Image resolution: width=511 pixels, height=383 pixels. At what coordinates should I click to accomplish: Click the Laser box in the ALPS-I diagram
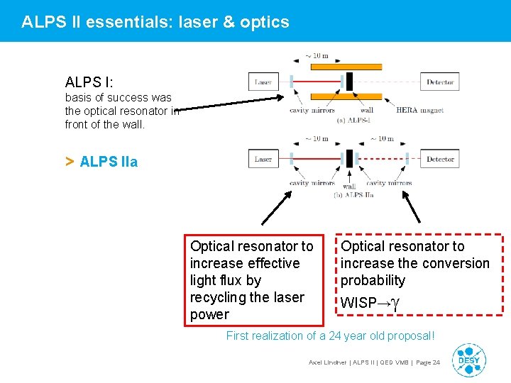click(x=263, y=82)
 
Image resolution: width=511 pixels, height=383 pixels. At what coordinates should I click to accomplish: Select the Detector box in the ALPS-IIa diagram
click(x=439, y=159)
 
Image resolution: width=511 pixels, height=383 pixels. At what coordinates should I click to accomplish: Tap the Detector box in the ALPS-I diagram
click(x=439, y=82)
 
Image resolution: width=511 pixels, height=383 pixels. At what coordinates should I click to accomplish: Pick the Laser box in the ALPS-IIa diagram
click(x=263, y=159)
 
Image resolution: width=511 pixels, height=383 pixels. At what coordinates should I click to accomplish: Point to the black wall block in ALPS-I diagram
click(x=349, y=82)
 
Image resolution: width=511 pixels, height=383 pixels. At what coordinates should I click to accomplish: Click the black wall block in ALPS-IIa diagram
click(x=349, y=157)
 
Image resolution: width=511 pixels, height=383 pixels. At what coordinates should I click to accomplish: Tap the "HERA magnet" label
click(x=419, y=110)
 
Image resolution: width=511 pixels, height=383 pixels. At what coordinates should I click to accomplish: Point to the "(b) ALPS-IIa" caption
click(x=353, y=194)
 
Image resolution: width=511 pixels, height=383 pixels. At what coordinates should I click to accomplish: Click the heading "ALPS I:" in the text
click(x=89, y=83)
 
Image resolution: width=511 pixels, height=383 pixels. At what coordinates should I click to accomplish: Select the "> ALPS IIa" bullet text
click(x=101, y=162)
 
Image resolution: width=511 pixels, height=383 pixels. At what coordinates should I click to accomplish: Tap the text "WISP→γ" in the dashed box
click(x=371, y=303)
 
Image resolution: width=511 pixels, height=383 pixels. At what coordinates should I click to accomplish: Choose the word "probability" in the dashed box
click(x=373, y=280)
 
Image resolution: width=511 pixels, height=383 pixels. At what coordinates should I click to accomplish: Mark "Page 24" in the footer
click(x=427, y=362)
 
